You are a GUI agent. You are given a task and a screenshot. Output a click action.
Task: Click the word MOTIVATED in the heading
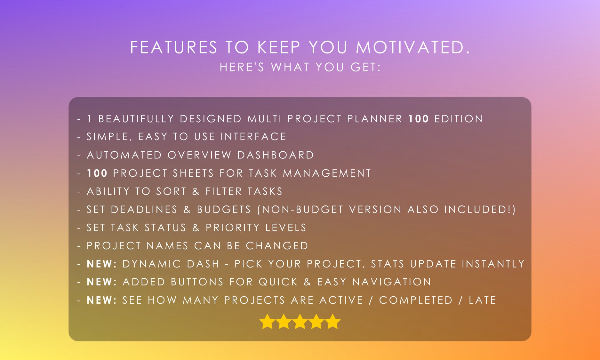[413, 47]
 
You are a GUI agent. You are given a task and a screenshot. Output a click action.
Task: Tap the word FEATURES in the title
[174, 47]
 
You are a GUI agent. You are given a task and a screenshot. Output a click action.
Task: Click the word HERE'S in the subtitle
[242, 68]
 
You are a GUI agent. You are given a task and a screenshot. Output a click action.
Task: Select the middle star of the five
[300, 322]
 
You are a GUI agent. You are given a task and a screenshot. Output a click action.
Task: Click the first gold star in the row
[267, 322]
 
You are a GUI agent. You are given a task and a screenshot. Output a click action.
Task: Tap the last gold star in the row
[333, 322]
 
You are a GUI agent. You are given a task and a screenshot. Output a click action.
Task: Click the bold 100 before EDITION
[418, 119]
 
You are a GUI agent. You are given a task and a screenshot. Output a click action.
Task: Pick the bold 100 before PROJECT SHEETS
[97, 173]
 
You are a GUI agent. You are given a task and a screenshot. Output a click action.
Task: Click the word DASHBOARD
[276, 155]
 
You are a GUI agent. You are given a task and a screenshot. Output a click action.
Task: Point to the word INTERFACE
[253, 137]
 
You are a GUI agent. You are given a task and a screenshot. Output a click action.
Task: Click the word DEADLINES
[144, 210]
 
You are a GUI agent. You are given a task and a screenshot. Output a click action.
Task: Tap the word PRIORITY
[232, 228]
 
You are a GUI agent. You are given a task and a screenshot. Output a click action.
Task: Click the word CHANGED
[277, 246]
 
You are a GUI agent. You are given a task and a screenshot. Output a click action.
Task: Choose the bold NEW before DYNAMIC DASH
[100, 264]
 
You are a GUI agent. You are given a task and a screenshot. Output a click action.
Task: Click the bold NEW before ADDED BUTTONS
[100, 282]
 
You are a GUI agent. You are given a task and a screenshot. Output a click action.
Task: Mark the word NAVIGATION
[392, 282]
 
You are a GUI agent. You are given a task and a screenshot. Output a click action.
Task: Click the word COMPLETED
[416, 300]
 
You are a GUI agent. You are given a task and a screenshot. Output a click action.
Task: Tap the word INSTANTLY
[493, 264]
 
